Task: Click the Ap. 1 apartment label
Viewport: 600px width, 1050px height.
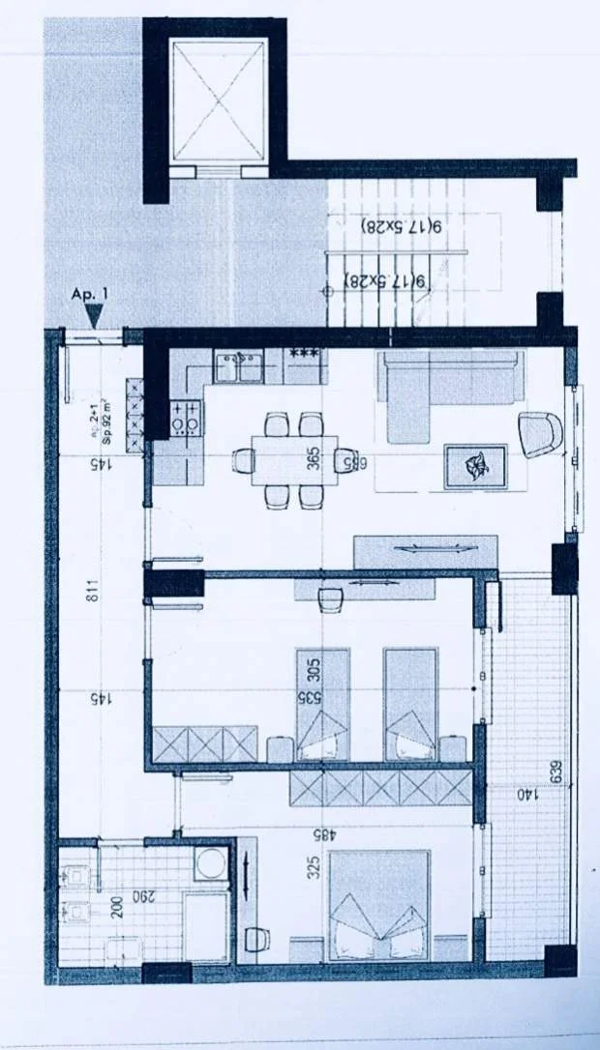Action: pos(91,292)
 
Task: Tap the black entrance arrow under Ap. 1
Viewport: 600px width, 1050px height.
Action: pos(94,315)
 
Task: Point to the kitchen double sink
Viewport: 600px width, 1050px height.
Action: pos(238,367)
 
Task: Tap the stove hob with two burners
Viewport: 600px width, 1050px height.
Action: pos(186,417)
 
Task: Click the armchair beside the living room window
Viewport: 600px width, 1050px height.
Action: pos(540,434)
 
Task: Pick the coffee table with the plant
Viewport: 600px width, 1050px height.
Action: pos(475,466)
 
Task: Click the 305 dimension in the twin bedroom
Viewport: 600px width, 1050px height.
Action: pos(313,669)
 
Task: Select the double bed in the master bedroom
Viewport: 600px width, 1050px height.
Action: pos(378,906)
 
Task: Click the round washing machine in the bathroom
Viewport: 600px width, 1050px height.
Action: pos(210,863)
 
